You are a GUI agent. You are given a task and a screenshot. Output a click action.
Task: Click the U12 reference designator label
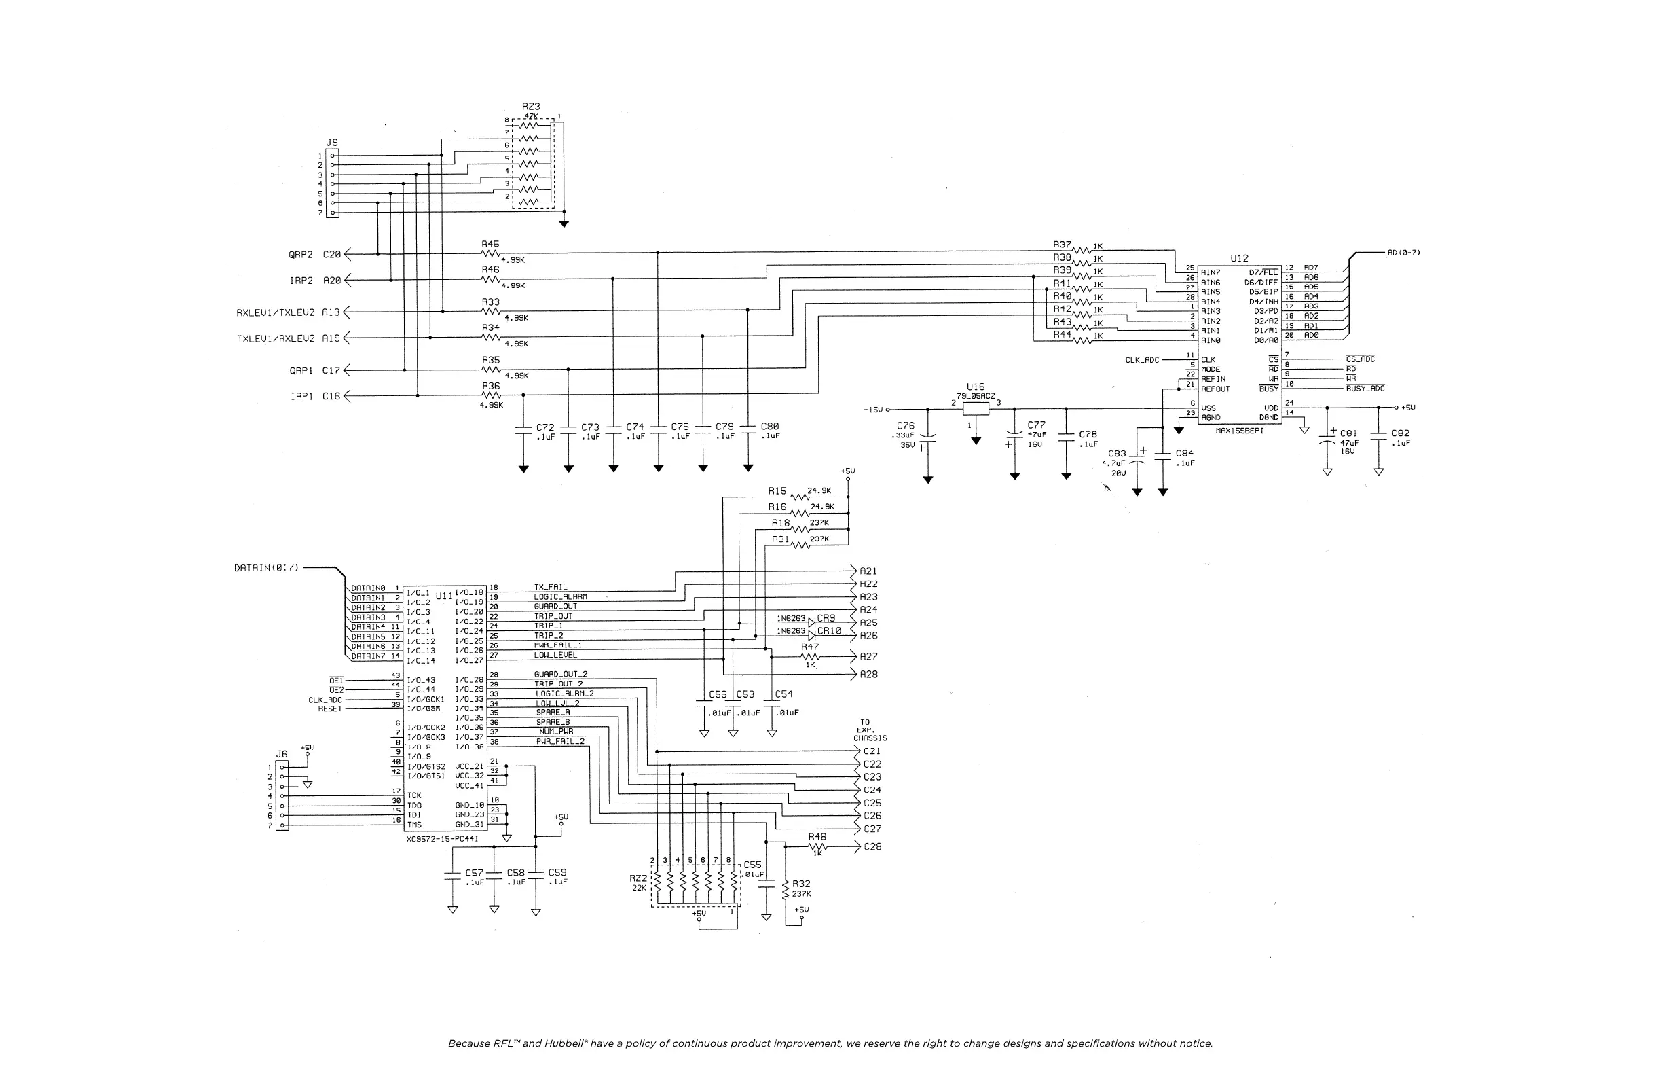tap(1239, 259)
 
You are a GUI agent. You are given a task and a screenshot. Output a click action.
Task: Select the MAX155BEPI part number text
tap(1239, 431)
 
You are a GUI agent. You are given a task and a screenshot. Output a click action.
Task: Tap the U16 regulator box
tap(976, 409)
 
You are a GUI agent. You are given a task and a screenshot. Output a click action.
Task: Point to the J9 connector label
tap(332, 143)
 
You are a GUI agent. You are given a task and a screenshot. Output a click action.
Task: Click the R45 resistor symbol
tap(491, 253)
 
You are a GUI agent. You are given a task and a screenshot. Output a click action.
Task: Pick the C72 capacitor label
tap(545, 427)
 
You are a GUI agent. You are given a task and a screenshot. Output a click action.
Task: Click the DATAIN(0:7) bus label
tap(266, 568)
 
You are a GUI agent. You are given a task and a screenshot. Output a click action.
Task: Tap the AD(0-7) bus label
tap(1403, 253)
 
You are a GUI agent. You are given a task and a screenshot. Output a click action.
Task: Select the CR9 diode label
tap(826, 618)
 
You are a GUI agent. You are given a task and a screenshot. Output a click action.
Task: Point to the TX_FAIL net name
tap(551, 587)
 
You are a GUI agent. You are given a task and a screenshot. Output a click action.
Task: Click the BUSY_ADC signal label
tap(1365, 389)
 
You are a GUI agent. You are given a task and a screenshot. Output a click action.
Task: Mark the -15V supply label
tap(873, 410)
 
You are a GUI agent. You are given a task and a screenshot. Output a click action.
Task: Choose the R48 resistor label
tap(817, 836)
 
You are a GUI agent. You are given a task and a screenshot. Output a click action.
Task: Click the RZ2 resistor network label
tap(638, 878)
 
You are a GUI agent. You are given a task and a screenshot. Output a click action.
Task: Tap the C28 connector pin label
tap(872, 847)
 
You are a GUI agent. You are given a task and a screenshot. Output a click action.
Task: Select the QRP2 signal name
tap(301, 255)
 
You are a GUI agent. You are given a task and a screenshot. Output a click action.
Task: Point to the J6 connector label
tap(282, 754)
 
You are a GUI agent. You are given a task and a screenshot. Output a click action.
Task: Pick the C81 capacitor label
tap(1348, 433)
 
